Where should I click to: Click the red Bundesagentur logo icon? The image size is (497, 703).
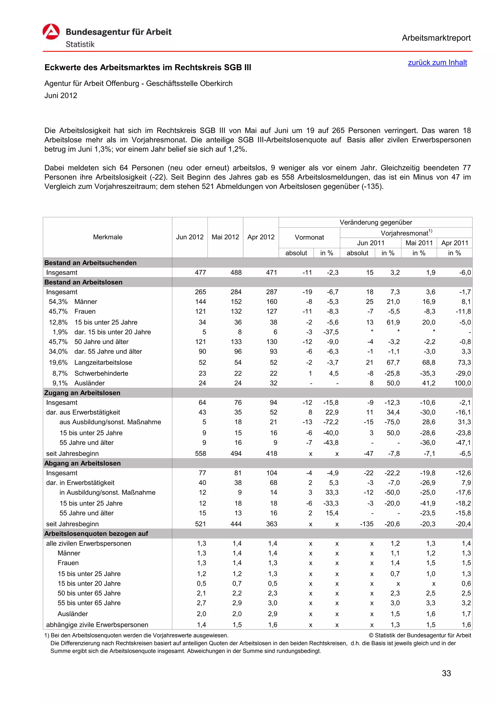[51, 32]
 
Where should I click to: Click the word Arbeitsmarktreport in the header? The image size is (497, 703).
[436, 38]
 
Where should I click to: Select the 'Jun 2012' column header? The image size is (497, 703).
[190, 237]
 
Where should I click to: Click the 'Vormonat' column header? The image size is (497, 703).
[309, 237]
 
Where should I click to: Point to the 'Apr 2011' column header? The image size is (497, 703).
[455, 243]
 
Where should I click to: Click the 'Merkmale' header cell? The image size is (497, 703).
[108, 237]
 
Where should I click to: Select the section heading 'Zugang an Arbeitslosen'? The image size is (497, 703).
[82, 393]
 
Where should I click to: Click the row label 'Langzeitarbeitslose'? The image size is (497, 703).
[103, 362]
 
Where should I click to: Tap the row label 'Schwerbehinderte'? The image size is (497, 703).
[101, 373]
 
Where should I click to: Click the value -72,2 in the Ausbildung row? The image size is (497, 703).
[331, 422]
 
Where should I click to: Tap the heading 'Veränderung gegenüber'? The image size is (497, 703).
[375, 222]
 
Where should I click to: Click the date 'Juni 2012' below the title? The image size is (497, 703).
[61, 96]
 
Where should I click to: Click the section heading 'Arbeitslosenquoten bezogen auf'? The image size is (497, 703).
[96, 534]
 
